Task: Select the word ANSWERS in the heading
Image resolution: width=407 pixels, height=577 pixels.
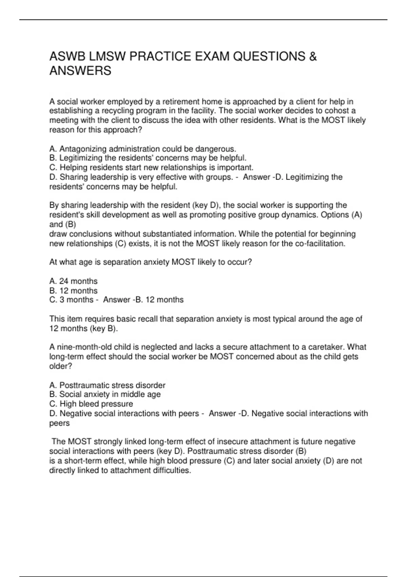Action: click(80, 71)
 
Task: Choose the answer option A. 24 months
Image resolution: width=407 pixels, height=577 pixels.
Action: click(73, 281)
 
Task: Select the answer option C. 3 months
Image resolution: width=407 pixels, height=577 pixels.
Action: click(71, 300)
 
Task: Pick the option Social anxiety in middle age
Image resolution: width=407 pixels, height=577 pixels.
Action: click(105, 394)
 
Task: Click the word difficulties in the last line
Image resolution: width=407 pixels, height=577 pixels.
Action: click(172, 470)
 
